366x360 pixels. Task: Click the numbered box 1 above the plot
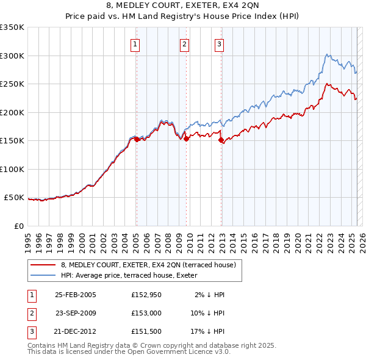[134, 43]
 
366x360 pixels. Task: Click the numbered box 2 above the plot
[184, 43]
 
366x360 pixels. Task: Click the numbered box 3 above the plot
[219, 43]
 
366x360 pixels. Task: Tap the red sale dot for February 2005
[137, 139]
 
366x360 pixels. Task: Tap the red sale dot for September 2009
[186, 139]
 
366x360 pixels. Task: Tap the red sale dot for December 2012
[221, 140]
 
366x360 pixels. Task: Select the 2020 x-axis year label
[297, 239]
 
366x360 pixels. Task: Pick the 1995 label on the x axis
[27, 239]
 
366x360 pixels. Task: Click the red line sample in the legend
[42, 264]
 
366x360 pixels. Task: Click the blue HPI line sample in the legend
[42, 275]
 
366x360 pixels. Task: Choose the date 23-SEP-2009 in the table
[76, 313]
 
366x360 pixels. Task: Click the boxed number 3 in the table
[31, 332]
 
